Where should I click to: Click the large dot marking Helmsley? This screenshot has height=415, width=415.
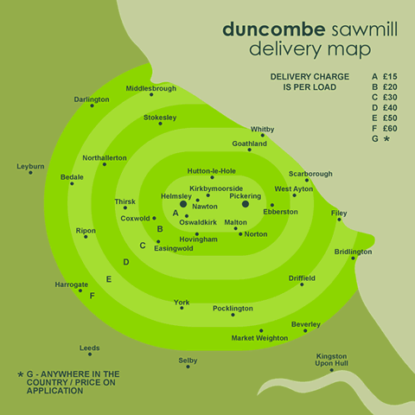[x=183, y=204]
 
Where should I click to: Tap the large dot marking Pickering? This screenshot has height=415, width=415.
[x=246, y=204]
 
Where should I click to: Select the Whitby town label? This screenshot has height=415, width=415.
[x=262, y=130]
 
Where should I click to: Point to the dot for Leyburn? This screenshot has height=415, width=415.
[x=30, y=173]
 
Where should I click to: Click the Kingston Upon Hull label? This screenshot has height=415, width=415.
[x=331, y=360]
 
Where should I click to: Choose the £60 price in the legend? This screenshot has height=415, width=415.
[x=390, y=128]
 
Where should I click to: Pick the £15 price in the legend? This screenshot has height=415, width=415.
[x=390, y=76]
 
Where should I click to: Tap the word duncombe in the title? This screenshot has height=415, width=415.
[x=274, y=29]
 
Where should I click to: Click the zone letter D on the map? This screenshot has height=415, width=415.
[x=126, y=262]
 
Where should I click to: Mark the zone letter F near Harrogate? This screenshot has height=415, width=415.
[x=92, y=296]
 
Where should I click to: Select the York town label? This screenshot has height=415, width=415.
[x=182, y=303]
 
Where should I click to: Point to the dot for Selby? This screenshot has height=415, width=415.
[x=188, y=367]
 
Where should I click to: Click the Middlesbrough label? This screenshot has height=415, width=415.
[x=151, y=88]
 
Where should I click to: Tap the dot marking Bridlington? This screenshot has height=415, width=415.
[x=353, y=258]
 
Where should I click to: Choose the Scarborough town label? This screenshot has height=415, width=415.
[x=310, y=174]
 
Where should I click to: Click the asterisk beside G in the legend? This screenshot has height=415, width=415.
[x=386, y=138]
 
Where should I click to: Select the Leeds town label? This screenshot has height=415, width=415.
[x=90, y=348]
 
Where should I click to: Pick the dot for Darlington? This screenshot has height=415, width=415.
[x=92, y=105]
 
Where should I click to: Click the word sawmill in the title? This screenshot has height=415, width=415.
[x=365, y=29]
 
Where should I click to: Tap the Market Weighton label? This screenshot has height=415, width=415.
[x=259, y=338]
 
